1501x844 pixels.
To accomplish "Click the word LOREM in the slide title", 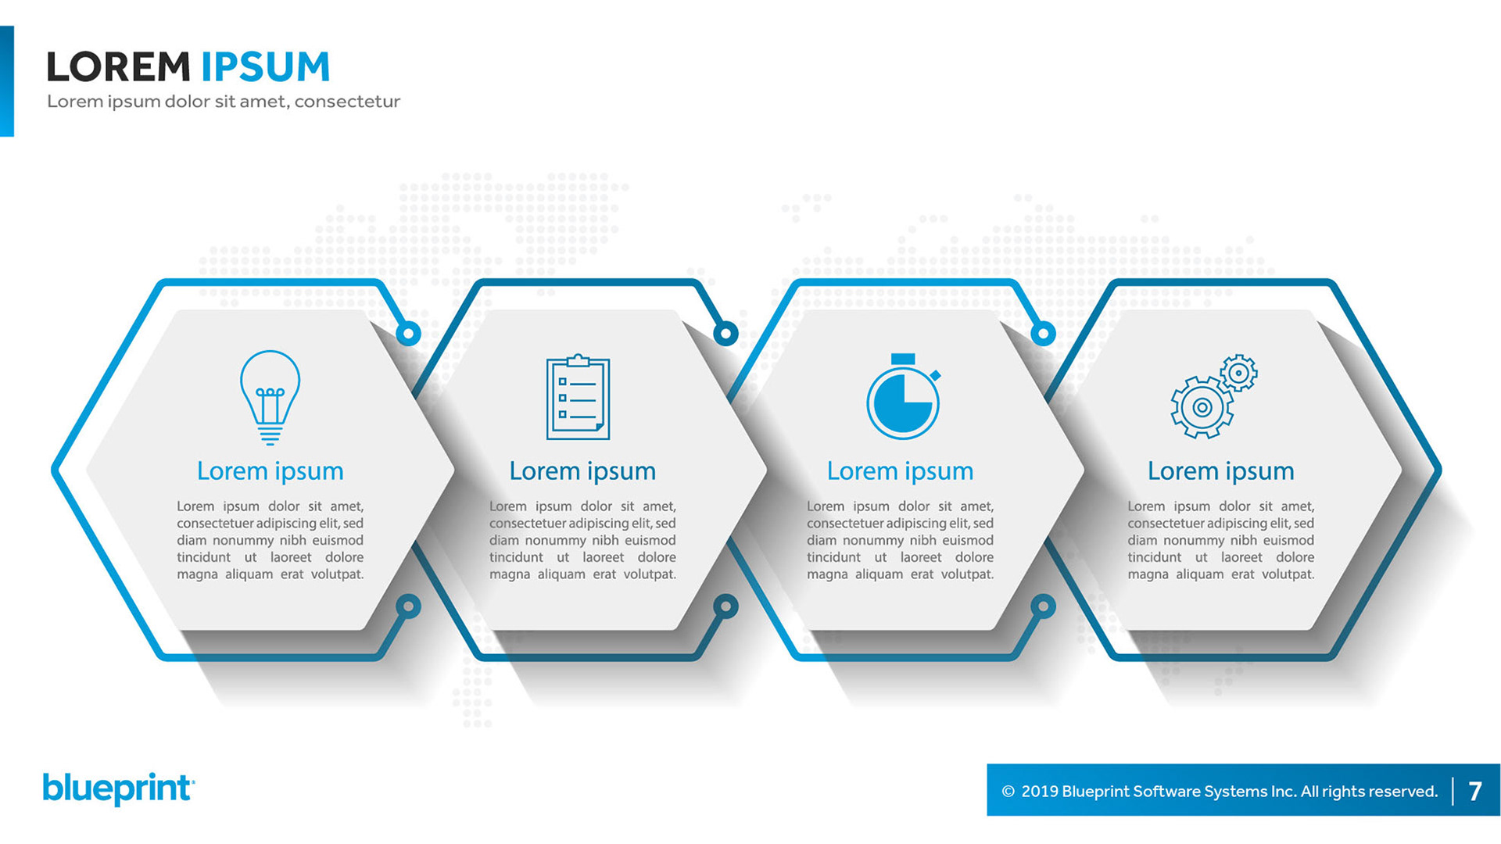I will tap(118, 67).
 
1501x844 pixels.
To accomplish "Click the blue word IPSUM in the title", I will tap(266, 67).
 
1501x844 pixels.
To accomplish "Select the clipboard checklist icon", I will tap(578, 397).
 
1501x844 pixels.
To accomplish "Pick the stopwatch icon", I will tap(903, 399).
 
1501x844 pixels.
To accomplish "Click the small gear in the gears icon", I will tap(1238, 373).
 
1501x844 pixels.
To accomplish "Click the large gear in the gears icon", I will tap(1202, 407).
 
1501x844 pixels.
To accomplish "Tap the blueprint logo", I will tap(118, 789).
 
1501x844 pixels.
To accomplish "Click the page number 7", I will tap(1475, 791).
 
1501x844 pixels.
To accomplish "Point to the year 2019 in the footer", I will tap(1040, 792).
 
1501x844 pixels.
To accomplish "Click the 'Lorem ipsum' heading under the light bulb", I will tap(270, 471).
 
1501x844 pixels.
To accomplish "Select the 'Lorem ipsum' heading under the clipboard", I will tap(582, 471).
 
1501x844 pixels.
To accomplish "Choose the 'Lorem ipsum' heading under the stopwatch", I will tap(900, 471).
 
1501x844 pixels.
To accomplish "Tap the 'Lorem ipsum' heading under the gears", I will tap(1220, 471).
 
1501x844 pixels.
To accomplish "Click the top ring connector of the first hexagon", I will tap(408, 334).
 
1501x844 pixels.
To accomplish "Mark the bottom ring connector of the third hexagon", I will tap(1043, 606).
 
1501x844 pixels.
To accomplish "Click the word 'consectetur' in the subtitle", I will tap(347, 102).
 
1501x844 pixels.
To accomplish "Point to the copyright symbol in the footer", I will tap(1008, 792).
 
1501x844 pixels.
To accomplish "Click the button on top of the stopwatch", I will tap(903, 359).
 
